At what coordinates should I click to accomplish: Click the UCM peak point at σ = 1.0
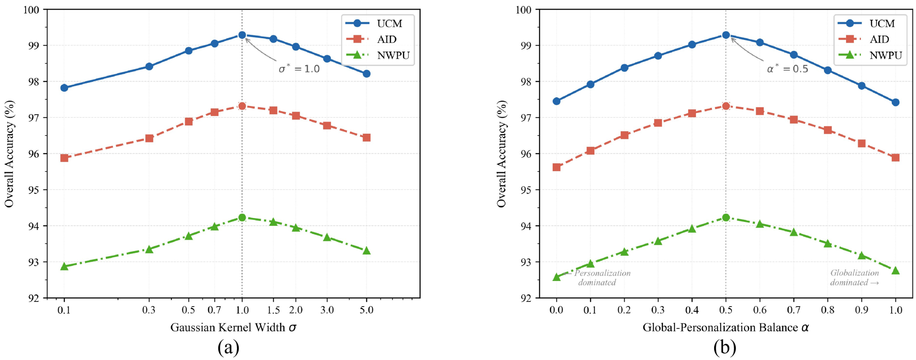[242, 35]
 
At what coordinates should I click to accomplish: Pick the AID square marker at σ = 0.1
[64, 158]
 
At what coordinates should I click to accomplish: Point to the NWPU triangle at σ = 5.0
[366, 251]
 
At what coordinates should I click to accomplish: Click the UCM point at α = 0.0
[557, 101]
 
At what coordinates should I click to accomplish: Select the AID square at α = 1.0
[896, 158]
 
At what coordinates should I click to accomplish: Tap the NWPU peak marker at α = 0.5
[726, 218]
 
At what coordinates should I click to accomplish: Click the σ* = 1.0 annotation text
[299, 69]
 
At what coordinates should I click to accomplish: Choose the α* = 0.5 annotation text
[787, 69]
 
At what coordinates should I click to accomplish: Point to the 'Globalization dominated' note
[855, 278]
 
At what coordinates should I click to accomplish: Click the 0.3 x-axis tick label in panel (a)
[149, 310]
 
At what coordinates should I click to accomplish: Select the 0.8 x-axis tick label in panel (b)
[828, 310]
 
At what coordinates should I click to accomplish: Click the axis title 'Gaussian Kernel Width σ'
[233, 327]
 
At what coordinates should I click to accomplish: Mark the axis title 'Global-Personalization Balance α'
[725, 327]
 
